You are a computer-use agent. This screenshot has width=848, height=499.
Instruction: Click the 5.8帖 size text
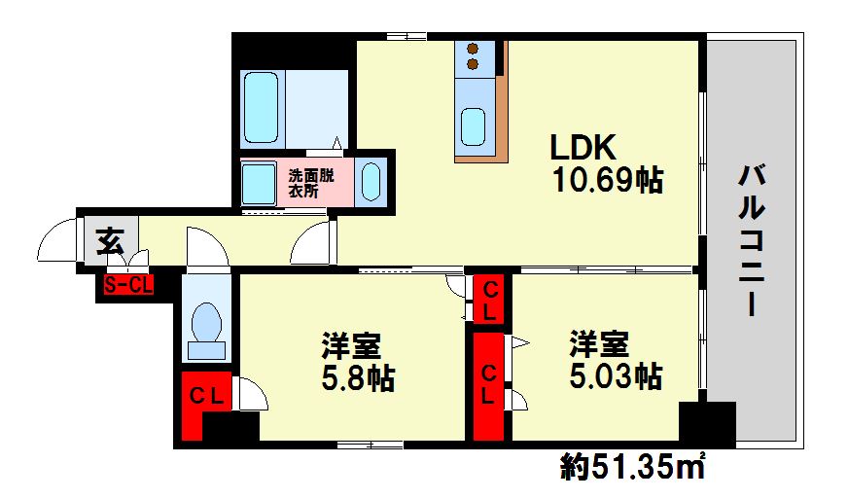pyautogui.click(x=357, y=377)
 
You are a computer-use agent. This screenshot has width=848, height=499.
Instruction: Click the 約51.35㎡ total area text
pyautogui.click(x=631, y=469)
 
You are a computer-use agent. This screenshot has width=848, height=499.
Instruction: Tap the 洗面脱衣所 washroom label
pyautogui.click(x=310, y=184)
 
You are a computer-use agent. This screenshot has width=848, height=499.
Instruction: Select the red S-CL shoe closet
pyautogui.click(x=127, y=286)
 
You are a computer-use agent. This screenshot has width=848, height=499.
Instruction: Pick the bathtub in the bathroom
pyautogui.click(x=262, y=108)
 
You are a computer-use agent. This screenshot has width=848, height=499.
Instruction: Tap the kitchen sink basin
pyautogui.click(x=473, y=125)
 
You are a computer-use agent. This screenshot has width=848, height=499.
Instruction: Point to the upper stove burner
pyautogui.click(x=474, y=48)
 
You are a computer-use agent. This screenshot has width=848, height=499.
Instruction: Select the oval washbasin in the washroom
pyautogui.click(x=371, y=182)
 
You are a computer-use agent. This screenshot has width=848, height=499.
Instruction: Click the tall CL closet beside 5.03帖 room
pyautogui.click(x=490, y=384)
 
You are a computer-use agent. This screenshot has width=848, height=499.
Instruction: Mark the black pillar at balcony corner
pyautogui.click(x=707, y=424)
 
